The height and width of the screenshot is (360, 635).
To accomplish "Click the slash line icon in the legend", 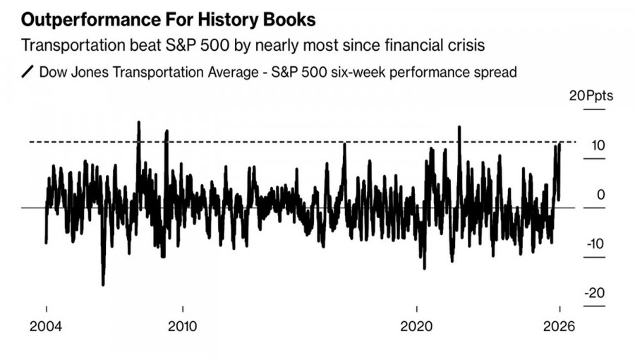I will click(x=28, y=72).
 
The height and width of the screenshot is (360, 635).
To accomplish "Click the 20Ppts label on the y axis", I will click(x=591, y=97).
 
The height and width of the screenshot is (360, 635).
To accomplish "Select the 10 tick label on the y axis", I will click(x=598, y=146).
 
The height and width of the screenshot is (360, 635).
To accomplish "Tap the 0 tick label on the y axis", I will click(x=600, y=195).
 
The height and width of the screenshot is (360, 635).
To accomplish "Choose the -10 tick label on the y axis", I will click(x=595, y=244).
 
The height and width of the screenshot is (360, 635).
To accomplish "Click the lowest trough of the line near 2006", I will click(x=103, y=284).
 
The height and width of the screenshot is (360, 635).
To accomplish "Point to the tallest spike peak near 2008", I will click(x=138, y=122).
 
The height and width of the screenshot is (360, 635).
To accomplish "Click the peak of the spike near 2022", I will click(x=459, y=127).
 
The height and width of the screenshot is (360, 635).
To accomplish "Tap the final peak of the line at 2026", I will click(x=560, y=143).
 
